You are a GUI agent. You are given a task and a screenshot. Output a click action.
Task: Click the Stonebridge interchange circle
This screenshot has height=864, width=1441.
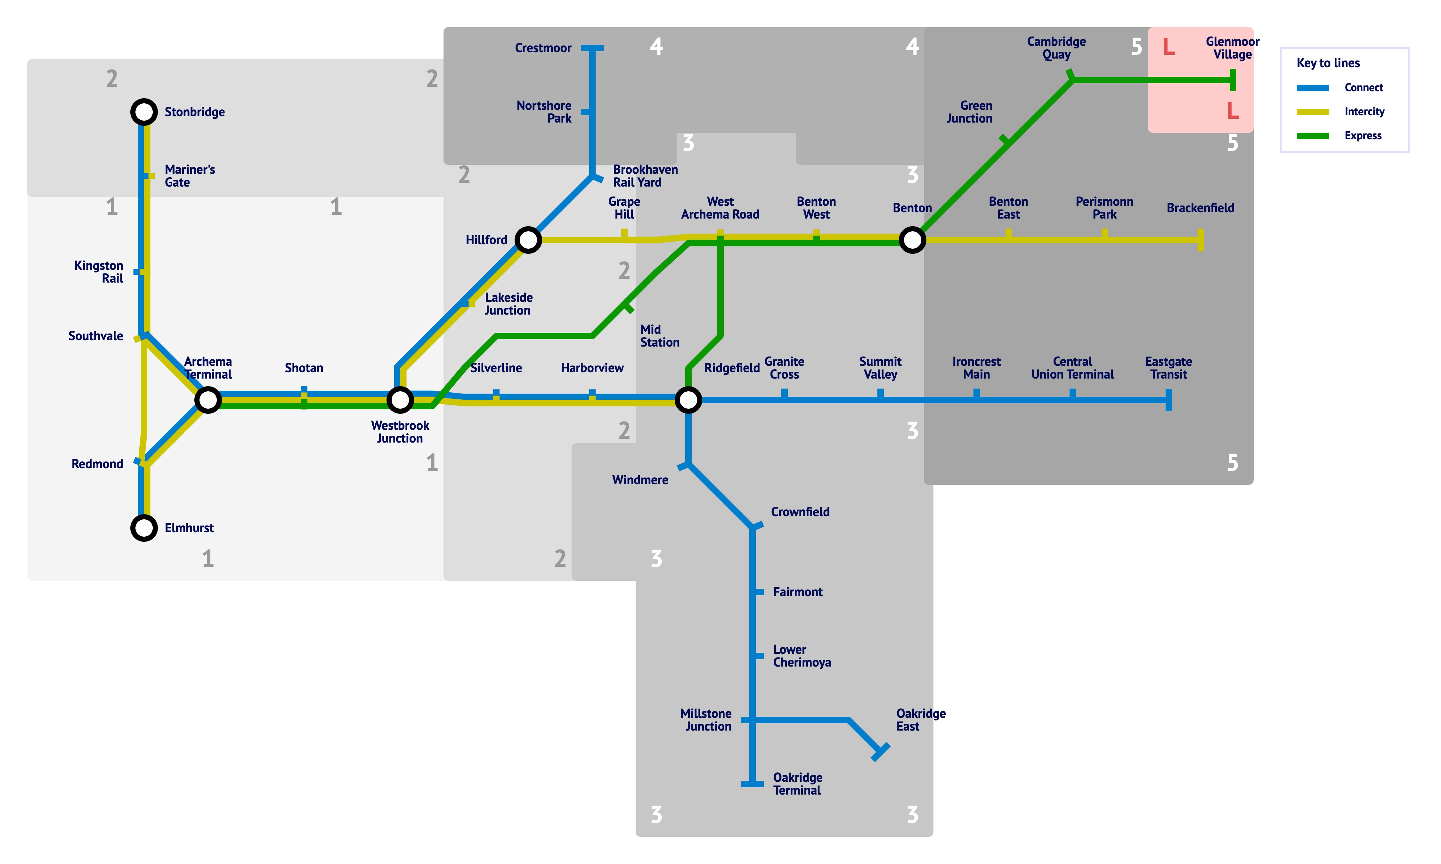pos(144,112)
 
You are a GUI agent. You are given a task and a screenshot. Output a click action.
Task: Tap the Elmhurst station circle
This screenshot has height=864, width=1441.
pos(144,528)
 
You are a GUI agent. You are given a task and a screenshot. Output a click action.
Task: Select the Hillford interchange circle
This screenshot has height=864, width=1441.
pos(528,240)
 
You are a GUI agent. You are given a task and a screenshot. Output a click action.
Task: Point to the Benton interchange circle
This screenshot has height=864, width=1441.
pos(912,240)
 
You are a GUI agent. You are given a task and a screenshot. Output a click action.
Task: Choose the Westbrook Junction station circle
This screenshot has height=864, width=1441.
pos(400,400)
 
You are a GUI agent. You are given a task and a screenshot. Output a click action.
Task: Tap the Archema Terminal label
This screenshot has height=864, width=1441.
pos(208,368)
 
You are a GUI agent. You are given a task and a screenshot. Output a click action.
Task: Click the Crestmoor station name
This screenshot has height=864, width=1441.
pos(543,48)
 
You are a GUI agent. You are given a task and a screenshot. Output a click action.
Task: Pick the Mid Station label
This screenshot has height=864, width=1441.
pos(659,336)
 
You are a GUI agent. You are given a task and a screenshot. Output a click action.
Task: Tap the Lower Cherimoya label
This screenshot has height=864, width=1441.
pos(802,656)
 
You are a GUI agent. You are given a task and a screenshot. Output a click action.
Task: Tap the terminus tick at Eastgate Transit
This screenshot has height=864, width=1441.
pos(1168,400)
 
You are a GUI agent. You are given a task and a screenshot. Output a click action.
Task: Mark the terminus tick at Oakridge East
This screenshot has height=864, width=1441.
pos(880,752)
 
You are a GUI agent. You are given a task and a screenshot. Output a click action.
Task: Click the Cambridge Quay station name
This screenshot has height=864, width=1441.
pos(1056,48)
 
